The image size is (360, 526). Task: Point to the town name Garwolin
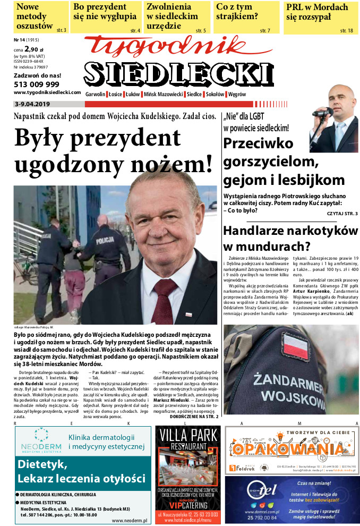point(96,94)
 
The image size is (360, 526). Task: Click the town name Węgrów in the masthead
point(236,94)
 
